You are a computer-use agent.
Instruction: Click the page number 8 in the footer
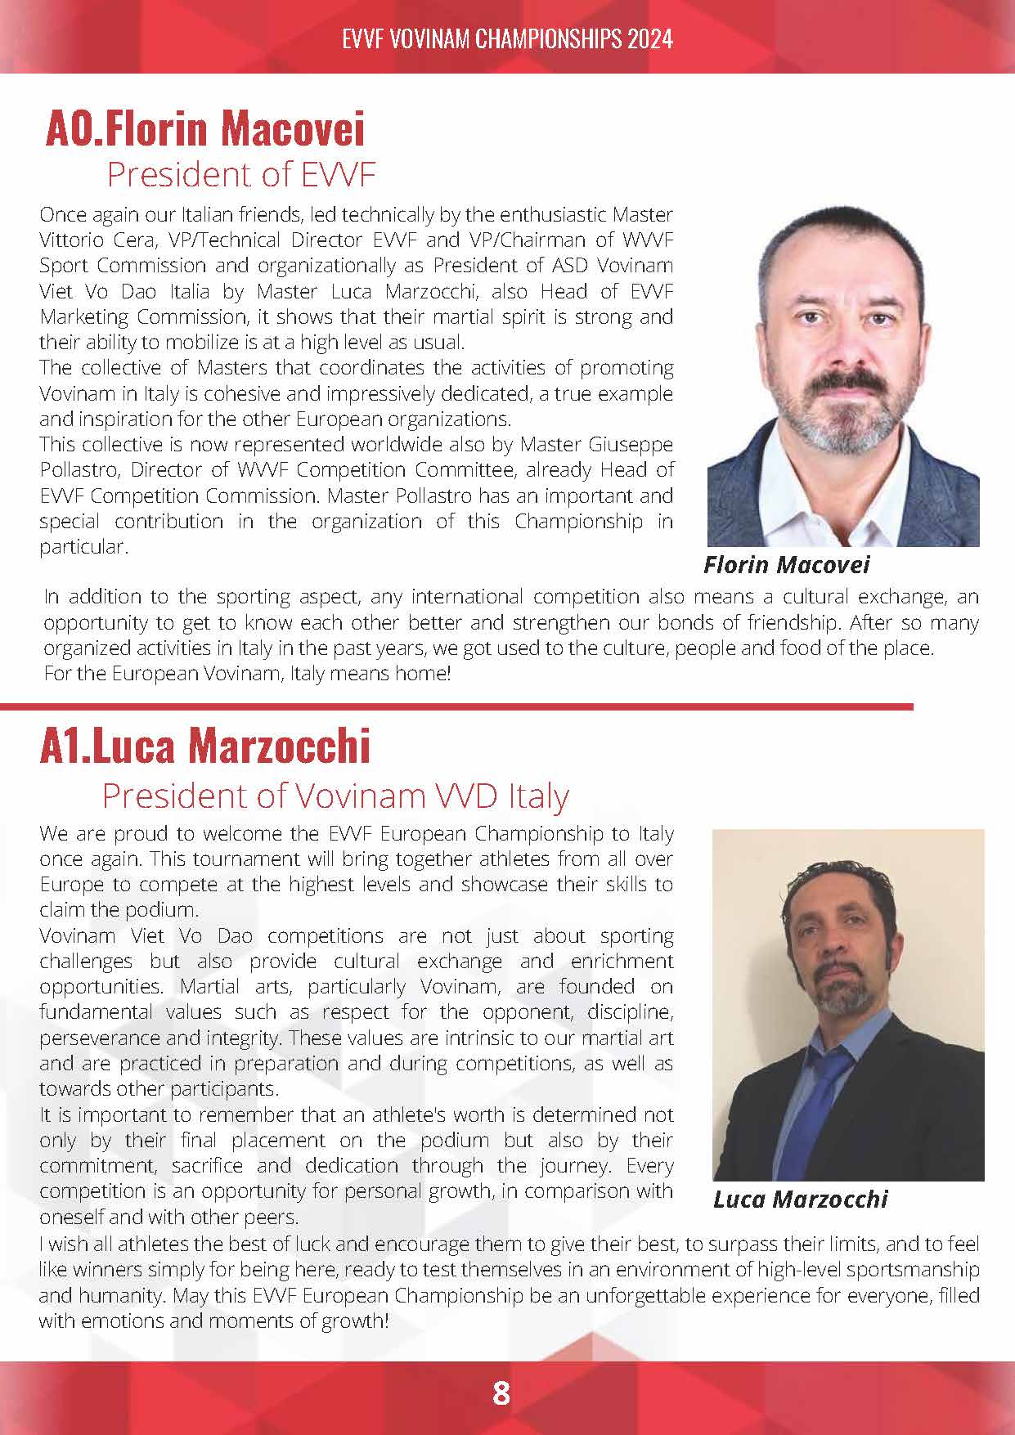[x=501, y=1392]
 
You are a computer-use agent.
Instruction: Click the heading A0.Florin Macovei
[x=204, y=128]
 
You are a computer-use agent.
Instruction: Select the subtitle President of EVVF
[x=240, y=174]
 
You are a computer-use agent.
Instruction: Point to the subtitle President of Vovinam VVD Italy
[x=335, y=795]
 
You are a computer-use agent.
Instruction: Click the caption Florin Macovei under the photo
[x=786, y=564]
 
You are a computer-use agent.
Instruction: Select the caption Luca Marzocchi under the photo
[x=800, y=1200]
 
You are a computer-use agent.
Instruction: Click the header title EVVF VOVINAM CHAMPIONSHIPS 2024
[x=507, y=38]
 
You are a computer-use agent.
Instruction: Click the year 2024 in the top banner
[x=650, y=38]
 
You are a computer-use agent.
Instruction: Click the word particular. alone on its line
[x=83, y=547]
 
